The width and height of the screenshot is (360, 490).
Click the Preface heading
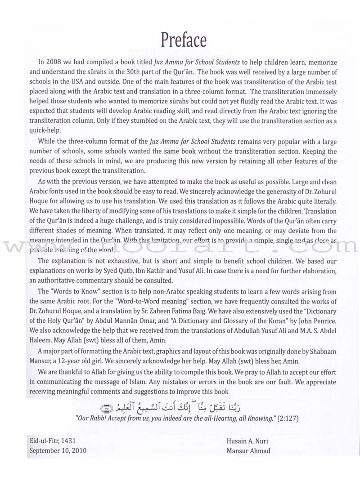(180, 40)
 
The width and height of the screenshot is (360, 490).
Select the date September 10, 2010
(57, 450)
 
